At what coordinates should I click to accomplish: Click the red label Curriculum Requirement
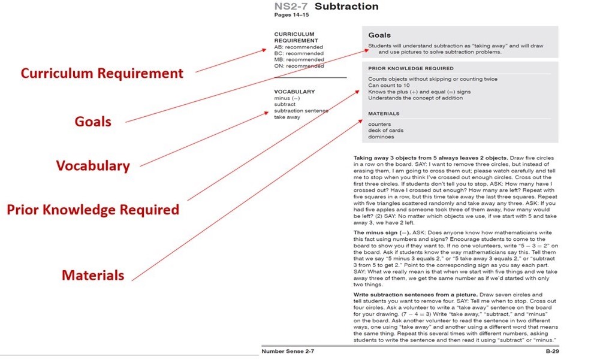pyautogui.click(x=102, y=74)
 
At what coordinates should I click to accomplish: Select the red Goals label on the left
pyautogui.click(x=93, y=121)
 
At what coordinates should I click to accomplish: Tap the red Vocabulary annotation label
pyautogui.click(x=93, y=165)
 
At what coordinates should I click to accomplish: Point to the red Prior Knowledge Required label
pyautogui.click(x=93, y=210)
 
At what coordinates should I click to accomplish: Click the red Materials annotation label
pyautogui.click(x=93, y=276)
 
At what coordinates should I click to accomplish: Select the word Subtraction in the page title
pyautogui.click(x=346, y=7)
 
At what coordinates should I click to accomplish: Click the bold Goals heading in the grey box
pyautogui.click(x=379, y=36)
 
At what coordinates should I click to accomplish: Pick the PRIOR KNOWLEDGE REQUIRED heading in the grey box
pyautogui.click(x=411, y=68)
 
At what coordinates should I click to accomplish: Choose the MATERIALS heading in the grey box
pyautogui.click(x=384, y=113)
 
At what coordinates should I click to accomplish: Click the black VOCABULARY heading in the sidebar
pyautogui.click(x=294, y=92)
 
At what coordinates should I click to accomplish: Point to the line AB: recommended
pyautogui.click(x=298, y=47)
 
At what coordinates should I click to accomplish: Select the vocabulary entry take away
pyautogui.click(x=287, y=117)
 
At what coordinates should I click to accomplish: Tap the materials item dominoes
pyautogui.click(x=381, y=137)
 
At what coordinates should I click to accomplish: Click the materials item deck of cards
pyautogui.click(x=385, y=131)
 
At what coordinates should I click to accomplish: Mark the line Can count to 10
pyautogui.click(x=389, y=86)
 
